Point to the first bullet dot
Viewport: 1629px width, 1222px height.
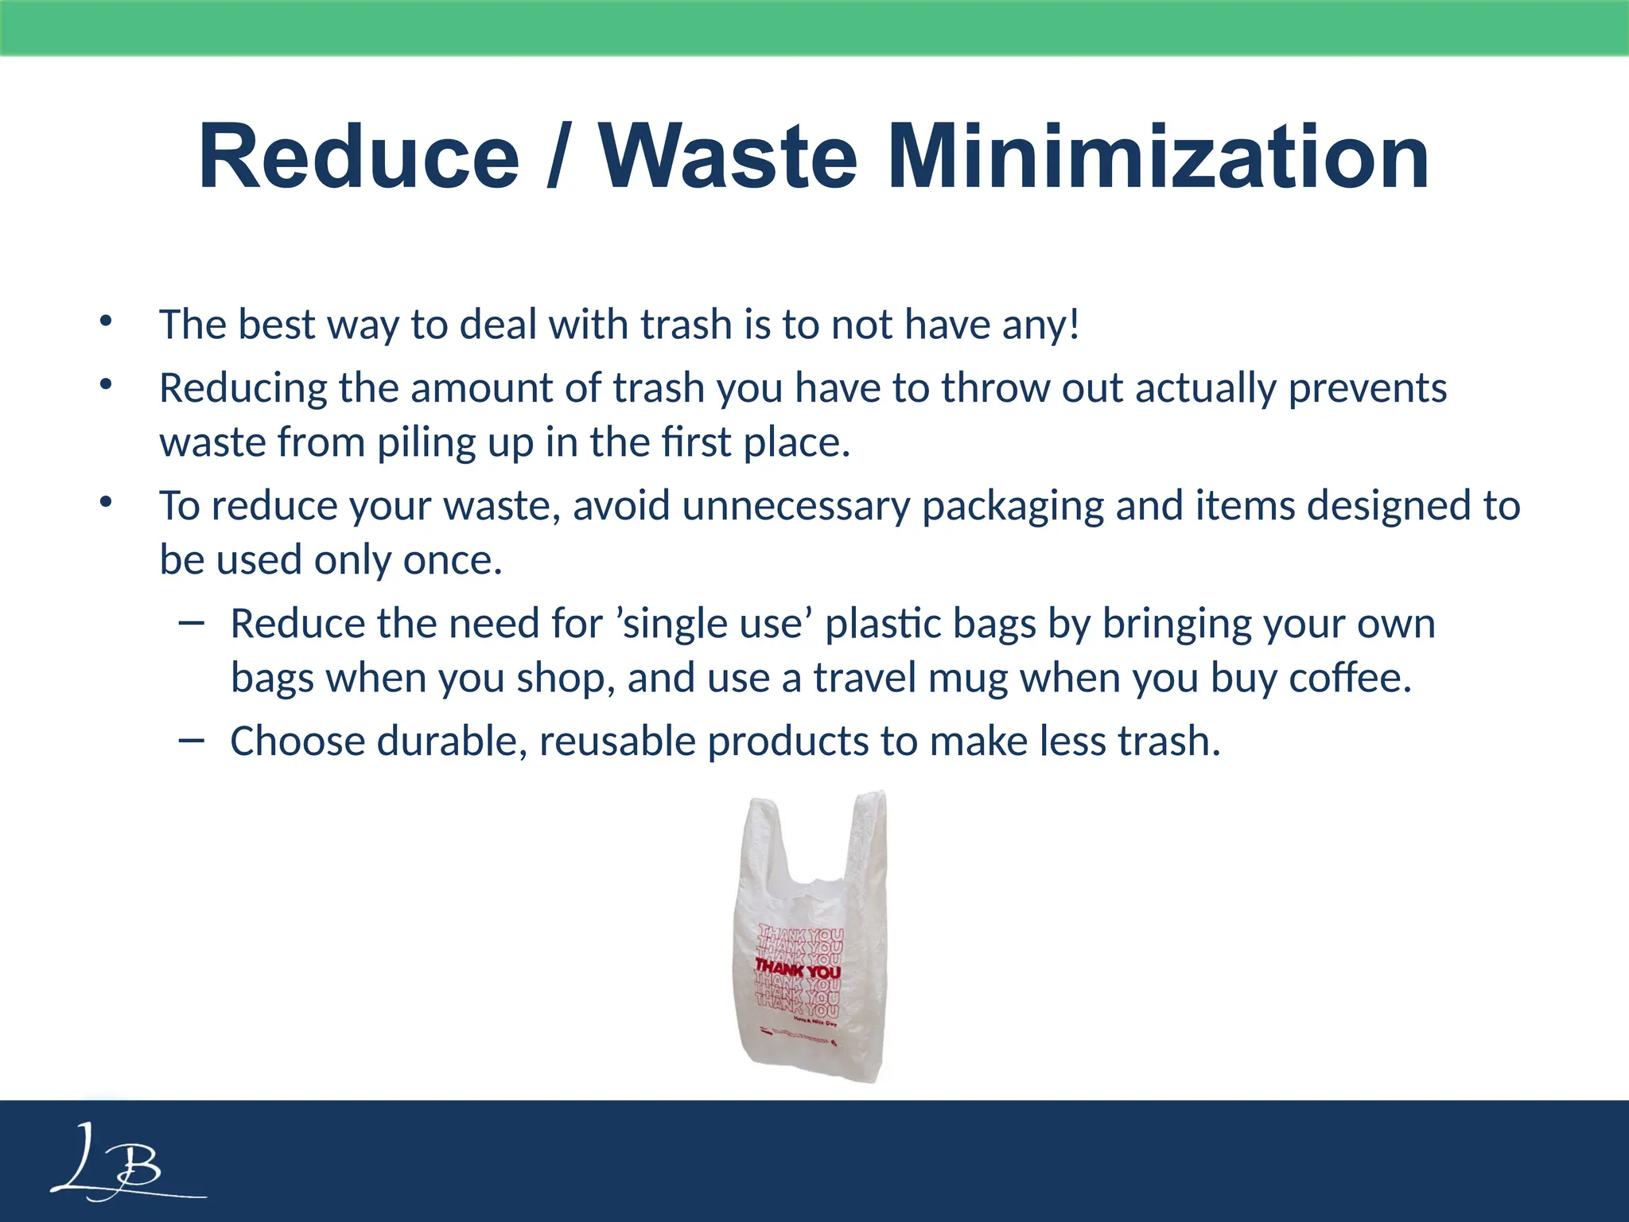[106, 322]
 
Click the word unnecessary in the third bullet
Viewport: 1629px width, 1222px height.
[795, 506]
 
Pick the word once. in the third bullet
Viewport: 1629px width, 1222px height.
[453, 560]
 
